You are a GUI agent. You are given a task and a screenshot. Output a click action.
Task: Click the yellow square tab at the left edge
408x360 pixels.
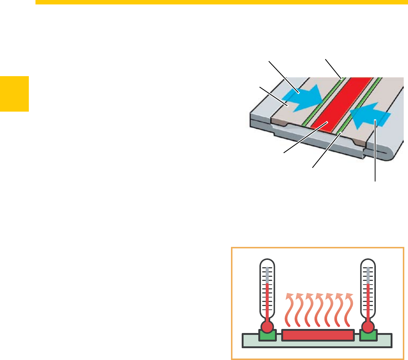coord(14,94)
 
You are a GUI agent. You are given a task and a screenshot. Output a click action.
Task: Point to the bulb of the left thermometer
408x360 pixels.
coord(267,326)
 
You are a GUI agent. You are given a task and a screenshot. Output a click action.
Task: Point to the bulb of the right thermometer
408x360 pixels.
coord(368,326)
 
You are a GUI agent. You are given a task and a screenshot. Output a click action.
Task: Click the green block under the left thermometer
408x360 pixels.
coord(267,336)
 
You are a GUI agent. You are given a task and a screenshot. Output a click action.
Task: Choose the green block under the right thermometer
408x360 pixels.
coord(368,336)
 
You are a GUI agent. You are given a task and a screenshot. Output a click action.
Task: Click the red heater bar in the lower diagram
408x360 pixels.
coord(318,335)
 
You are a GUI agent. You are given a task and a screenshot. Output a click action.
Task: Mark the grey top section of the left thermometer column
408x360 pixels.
coord(267,275)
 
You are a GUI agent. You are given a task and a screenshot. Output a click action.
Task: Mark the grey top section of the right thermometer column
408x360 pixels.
coord(368,275)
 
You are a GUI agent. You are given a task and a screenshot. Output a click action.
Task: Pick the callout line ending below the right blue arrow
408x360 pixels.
coord(375,155)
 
